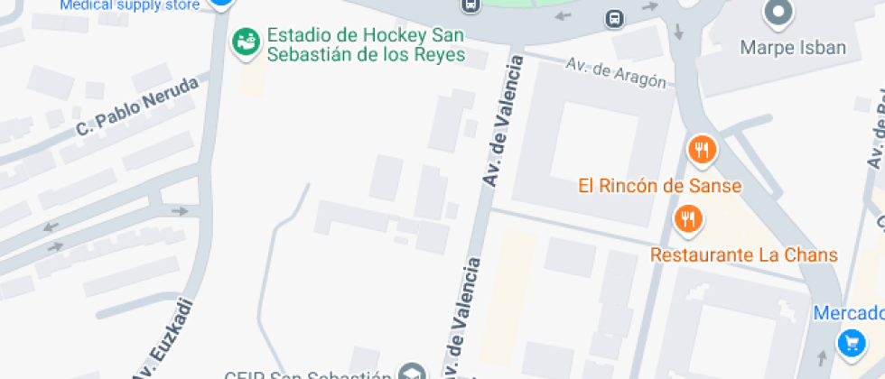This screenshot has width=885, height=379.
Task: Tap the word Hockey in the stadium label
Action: click(x=373, y=36)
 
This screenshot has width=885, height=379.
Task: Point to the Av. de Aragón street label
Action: click(x=620, y=73)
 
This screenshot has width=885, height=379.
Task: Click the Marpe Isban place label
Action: click(x=793, y=47)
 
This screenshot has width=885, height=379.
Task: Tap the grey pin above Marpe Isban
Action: click(x=777, y=13)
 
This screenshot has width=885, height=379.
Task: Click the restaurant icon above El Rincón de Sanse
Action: click(x=702, y=150)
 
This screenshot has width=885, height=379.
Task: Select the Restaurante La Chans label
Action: click(x=744, y=254)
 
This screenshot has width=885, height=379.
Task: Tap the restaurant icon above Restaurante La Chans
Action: click(x=688, y=217)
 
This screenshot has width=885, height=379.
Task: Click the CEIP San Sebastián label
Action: click(x=308, y=374)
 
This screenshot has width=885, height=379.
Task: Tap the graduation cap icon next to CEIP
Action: click(x=413, y=372)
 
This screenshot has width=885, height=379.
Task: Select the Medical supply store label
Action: click(x=130, y=5)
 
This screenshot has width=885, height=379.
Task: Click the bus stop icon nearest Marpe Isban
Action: click(x=614, y=18)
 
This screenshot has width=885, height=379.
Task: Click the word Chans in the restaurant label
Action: click(x=813, y=254)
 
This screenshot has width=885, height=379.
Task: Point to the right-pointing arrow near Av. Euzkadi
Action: click(x=180, y=211)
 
